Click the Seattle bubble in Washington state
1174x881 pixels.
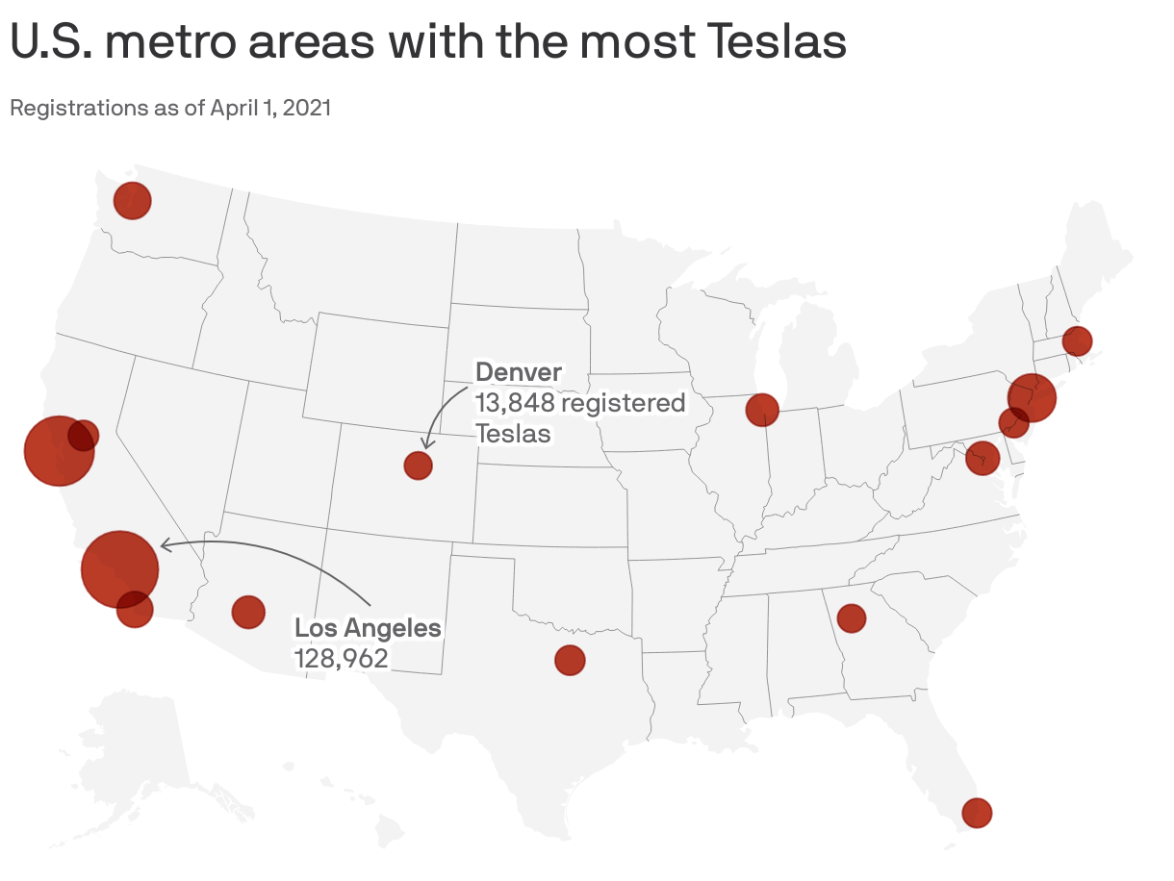pyautogui.click(x=132, y=201)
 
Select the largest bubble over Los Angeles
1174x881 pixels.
pyautogui.click(x=119, y=569)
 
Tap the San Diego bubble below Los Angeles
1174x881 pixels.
pyautogui.click(x=135, y=609)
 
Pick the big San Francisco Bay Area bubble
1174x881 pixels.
pyautogui.click(x=58, y=450)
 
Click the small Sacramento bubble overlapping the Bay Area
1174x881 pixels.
pyautogui.click(x=84, y=435)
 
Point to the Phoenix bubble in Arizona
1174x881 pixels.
pyautogui.click(x=248, y=611)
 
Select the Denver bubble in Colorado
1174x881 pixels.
pyautogui.click(x=418, y=466)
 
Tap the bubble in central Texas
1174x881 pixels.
pyautogui.click(x=570, y=660)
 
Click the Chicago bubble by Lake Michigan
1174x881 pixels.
pyautogui.click(x=762, y=410)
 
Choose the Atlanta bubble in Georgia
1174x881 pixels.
pyautogui.click(x=852, y=617)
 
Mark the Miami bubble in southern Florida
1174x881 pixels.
pyautogui.click(x=977, y=813)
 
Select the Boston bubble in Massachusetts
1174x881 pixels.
pyautogui.click(x=1077, y=340)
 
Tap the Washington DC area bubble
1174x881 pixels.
pyautogui.click(x=982, y=458)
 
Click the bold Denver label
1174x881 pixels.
pyautogui.click(x=519, y=372)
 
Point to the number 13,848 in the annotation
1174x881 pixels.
pyautogui.click(x=515, y=402)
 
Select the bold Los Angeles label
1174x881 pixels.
pyautogui.click(x=368, y=628)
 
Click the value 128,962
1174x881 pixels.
pyautogui.click(x=341, y=659)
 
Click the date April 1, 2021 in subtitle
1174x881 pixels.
pyautogui.click(x=265, y=108)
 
